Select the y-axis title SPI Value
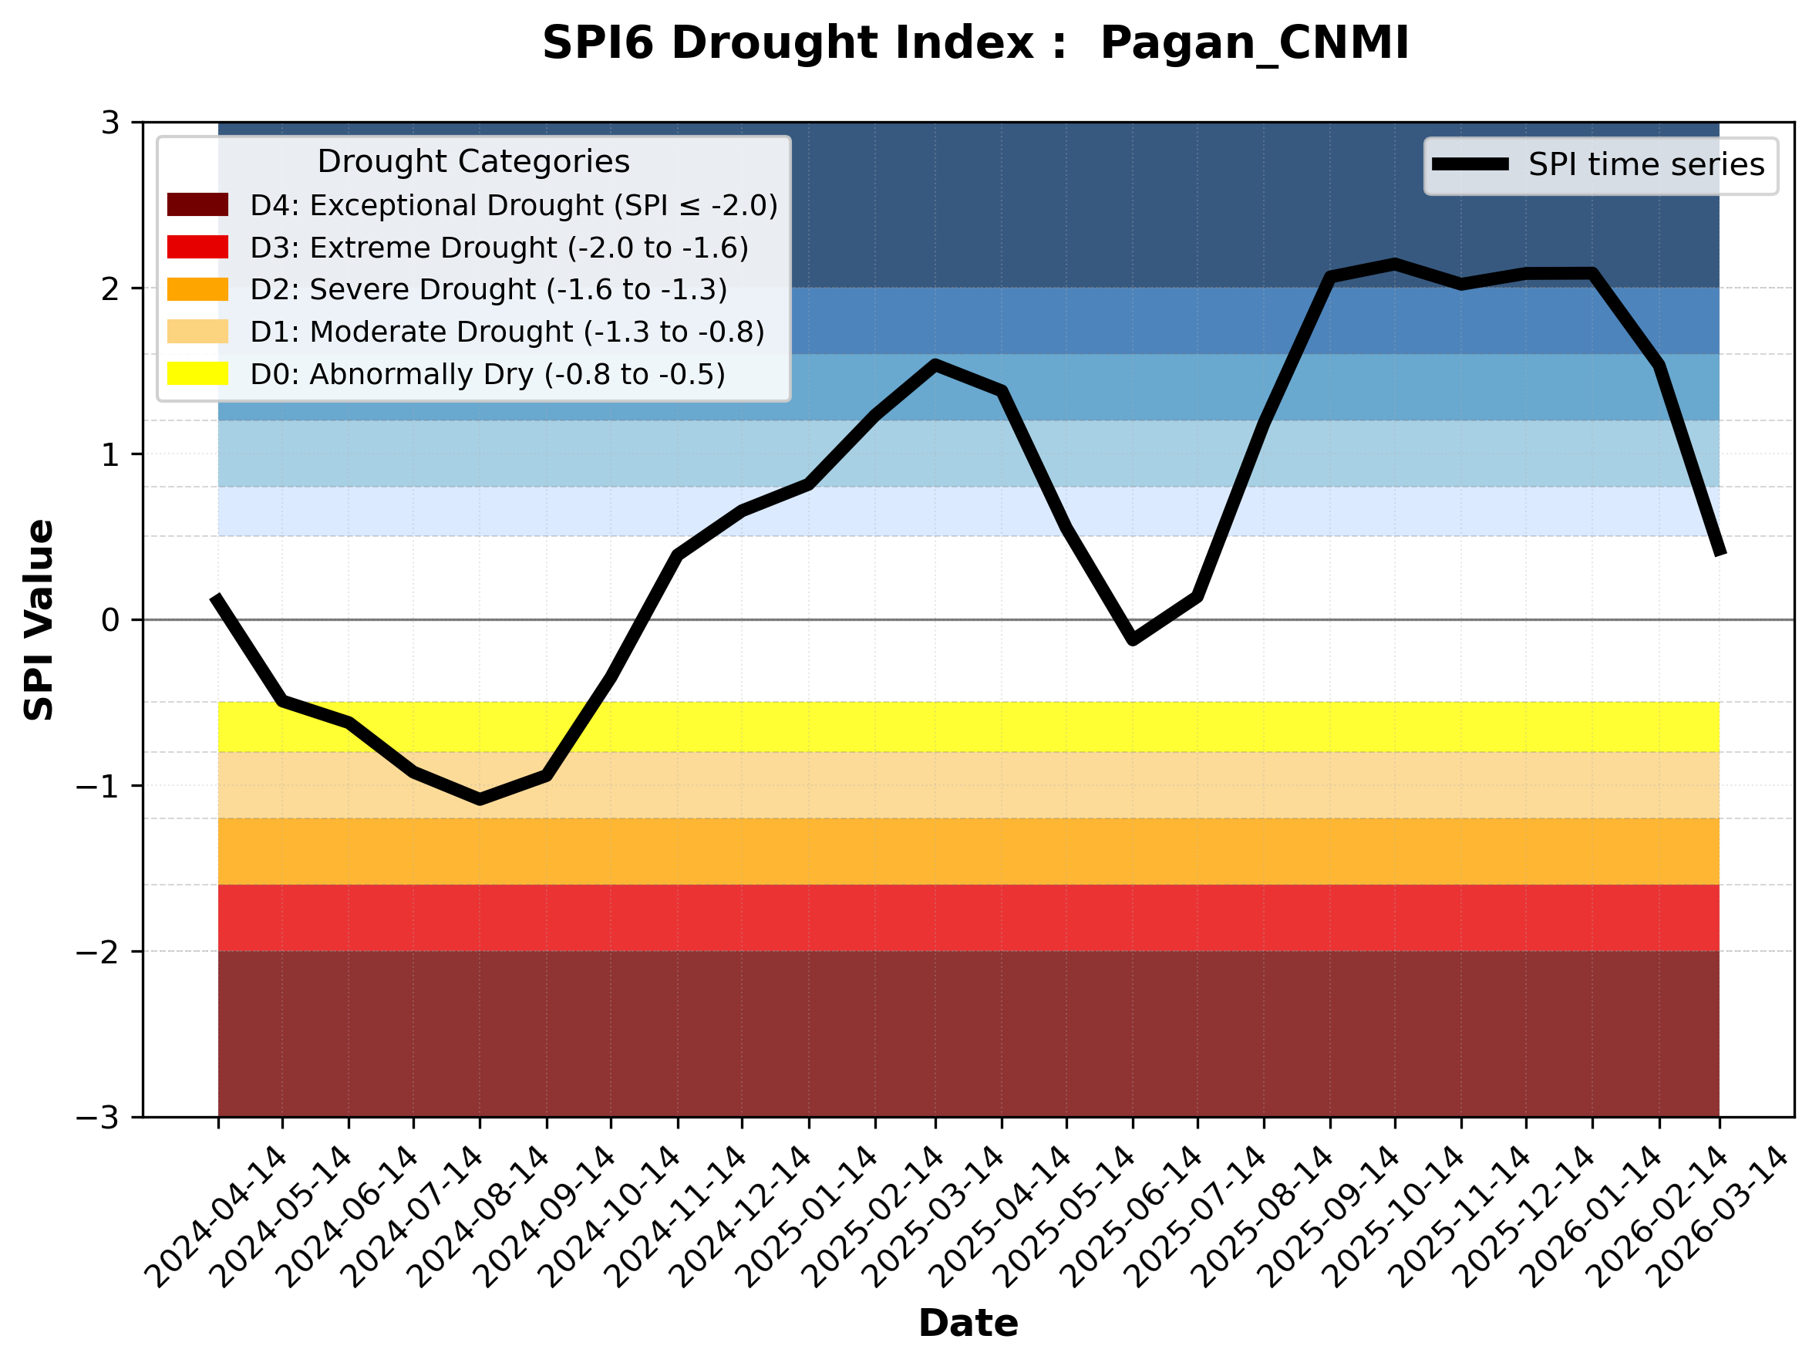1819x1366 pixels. coord(39,620)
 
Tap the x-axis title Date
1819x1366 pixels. coord(968,1324)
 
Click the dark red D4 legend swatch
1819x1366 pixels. coord(197,204)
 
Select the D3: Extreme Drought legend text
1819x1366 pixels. coord(499,248)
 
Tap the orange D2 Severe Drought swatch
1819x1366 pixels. coord(197,289)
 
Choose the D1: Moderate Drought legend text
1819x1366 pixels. coord(507,332)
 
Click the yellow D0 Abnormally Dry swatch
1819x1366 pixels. coord(197,373)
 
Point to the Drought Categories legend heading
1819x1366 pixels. coord(473,162)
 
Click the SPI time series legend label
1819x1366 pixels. coord(1646,165)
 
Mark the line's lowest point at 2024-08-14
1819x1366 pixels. coord(480,798)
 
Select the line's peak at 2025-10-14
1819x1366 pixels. coord(1395,264)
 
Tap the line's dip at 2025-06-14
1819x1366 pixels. coord(1133,639)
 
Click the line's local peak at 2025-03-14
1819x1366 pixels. coord(935,364)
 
